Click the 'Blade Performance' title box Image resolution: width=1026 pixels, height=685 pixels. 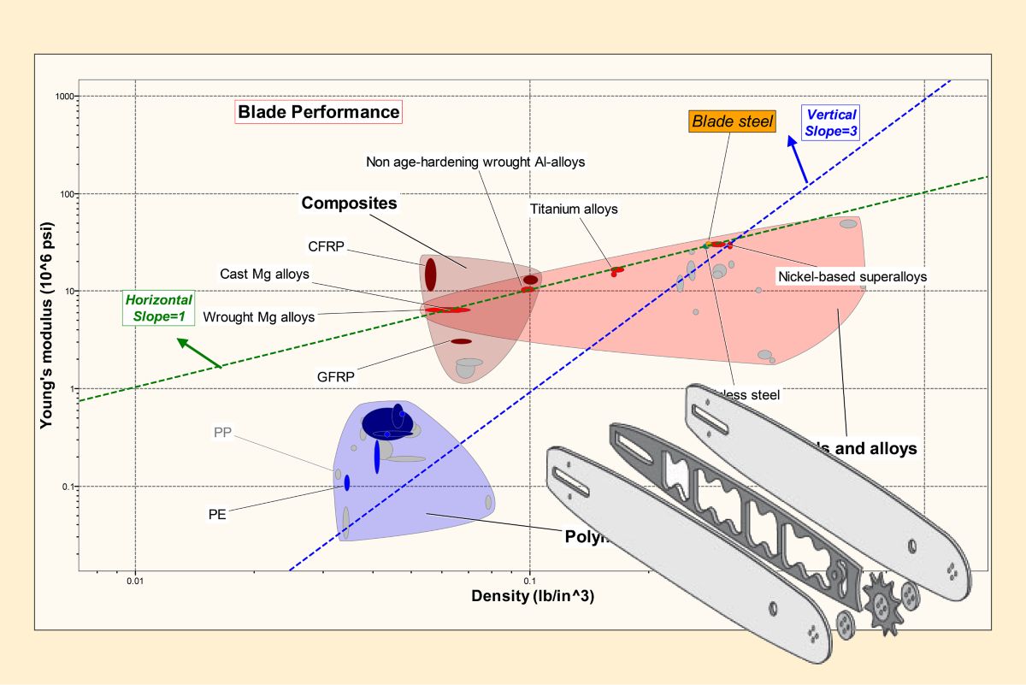click(x=318, y=112)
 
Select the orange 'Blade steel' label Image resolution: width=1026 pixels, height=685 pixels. click(x=732, y=121)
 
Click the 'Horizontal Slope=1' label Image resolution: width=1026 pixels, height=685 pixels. click(x=158, y=308)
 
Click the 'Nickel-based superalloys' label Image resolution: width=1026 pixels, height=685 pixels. click(x=852, y=276)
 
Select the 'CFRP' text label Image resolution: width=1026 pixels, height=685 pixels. click(x=327, y=247)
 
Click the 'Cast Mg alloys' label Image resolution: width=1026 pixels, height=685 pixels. click(x=264, y=274)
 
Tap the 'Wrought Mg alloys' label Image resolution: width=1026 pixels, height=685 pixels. click(x=259, y=317)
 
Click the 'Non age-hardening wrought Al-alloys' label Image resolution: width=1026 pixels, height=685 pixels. click(x=475, y=162)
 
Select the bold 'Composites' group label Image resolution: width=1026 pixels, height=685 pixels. click(x=350, y=204)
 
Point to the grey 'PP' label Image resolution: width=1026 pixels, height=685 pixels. click(x=221, y=432)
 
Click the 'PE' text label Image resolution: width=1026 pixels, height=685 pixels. click(x=217, y=514)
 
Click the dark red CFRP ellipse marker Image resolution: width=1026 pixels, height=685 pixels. click(x=431, y=275)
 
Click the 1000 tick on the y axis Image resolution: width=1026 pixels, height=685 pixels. click(x=63, y=96)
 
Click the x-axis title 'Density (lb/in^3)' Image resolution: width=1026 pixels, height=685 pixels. click(x=533, y=596)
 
